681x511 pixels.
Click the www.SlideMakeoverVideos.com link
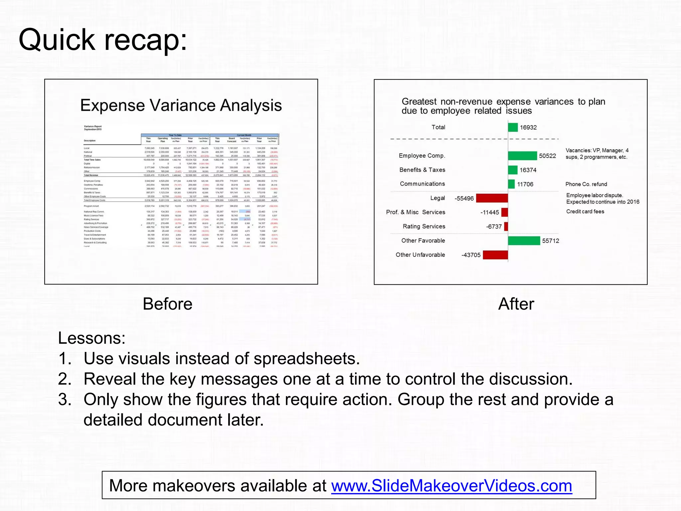point(451,485)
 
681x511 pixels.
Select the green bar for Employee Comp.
point(522,156)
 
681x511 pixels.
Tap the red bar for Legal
point(492,198)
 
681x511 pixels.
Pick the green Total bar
point(513,127)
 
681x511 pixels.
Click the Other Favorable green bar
point(524,241)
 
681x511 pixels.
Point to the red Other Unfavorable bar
point(495,255)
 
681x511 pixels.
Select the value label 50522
point(547,156)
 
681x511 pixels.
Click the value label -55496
point(464,199)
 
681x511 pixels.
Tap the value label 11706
point(525,184)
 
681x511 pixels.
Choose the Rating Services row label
point(424,227)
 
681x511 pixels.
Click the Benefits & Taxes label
point(422,170)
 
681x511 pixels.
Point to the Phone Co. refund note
point(586,184)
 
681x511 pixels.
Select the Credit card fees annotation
point(585,212)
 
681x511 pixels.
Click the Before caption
point(167,304)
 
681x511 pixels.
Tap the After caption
point(516,304)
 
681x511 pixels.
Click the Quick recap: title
point(103,40)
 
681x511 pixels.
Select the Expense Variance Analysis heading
point(181,105)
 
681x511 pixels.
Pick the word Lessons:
point(92,338)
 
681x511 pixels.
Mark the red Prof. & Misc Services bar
point(504,212)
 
